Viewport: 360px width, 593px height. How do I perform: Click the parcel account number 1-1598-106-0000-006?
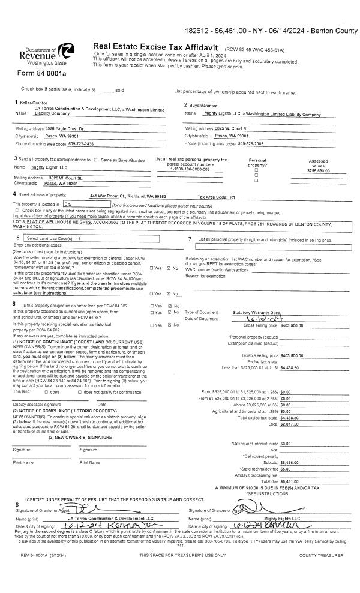tap(189, 169)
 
